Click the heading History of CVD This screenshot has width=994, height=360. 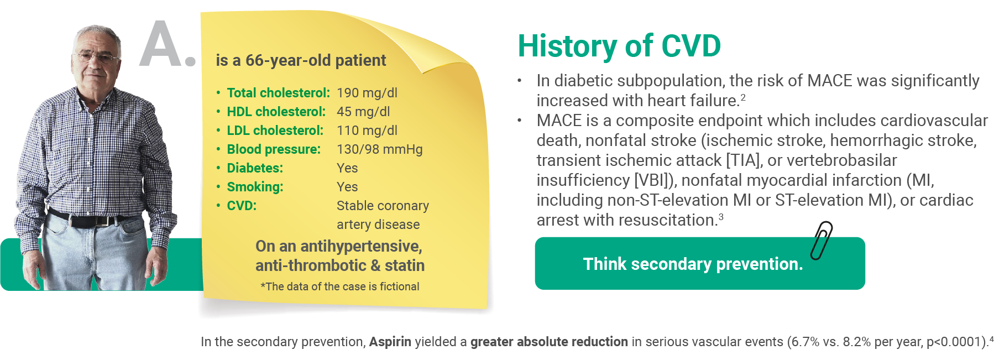619,45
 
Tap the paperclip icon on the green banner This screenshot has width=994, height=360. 822,241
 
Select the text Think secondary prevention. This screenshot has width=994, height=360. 693,264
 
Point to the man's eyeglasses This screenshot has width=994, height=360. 97,57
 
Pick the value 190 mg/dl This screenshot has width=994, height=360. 367,93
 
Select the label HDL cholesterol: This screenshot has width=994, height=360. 276,112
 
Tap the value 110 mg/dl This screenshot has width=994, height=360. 367,131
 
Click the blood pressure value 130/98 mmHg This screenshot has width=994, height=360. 380,149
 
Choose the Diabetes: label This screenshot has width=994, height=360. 255,168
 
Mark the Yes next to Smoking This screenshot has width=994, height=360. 347,187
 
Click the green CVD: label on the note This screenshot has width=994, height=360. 242,206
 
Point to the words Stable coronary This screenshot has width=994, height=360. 383,206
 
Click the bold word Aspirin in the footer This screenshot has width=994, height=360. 390,342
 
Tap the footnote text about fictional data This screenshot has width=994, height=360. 340,286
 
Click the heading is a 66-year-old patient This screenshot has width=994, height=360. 301,60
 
